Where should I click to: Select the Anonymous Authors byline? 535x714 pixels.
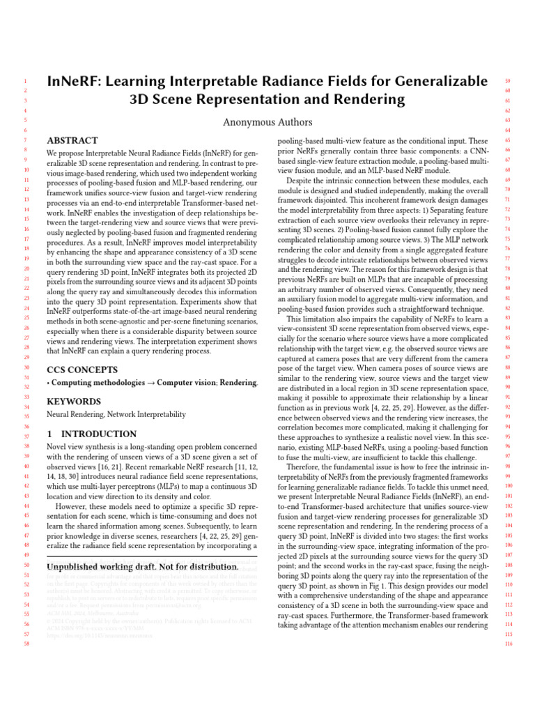267,122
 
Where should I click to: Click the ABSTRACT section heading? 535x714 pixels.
72,140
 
